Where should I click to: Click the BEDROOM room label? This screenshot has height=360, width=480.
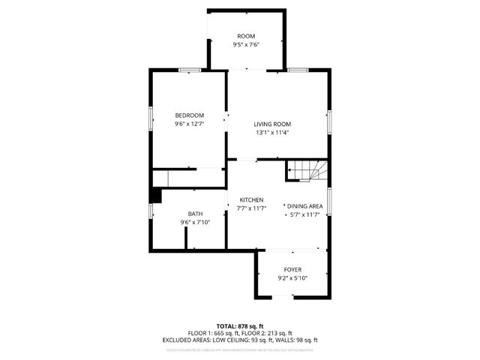(x=190, y=115)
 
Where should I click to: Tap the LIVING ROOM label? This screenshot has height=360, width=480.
(x=271, y=124)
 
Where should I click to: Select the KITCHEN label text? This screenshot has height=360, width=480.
(x=251, y=199)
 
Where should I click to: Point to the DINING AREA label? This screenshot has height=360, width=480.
(x=304, y=205)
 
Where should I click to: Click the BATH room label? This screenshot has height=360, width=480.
(x=195, y=214)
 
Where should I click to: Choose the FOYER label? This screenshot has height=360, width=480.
(x=292, y=269)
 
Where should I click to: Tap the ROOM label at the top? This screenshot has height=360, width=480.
(x=246, y=36)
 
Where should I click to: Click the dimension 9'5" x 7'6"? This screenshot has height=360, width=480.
(x=246, y=44)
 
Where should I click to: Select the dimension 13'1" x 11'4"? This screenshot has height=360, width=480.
(x=271, y=133)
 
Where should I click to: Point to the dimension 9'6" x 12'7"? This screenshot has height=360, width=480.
(x=190, y=123)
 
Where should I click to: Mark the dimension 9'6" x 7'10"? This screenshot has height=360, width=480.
(x=195, y=222)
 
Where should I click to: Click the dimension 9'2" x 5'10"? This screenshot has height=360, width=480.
(x=292, y=277)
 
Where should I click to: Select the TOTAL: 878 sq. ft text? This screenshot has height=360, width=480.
(x=240, y=326)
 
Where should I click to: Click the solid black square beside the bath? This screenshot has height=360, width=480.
(x=155, y=196)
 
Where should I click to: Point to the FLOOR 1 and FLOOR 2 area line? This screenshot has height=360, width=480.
(x=240, y=333)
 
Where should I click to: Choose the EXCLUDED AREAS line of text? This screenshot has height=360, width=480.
(x=240, y=340)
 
